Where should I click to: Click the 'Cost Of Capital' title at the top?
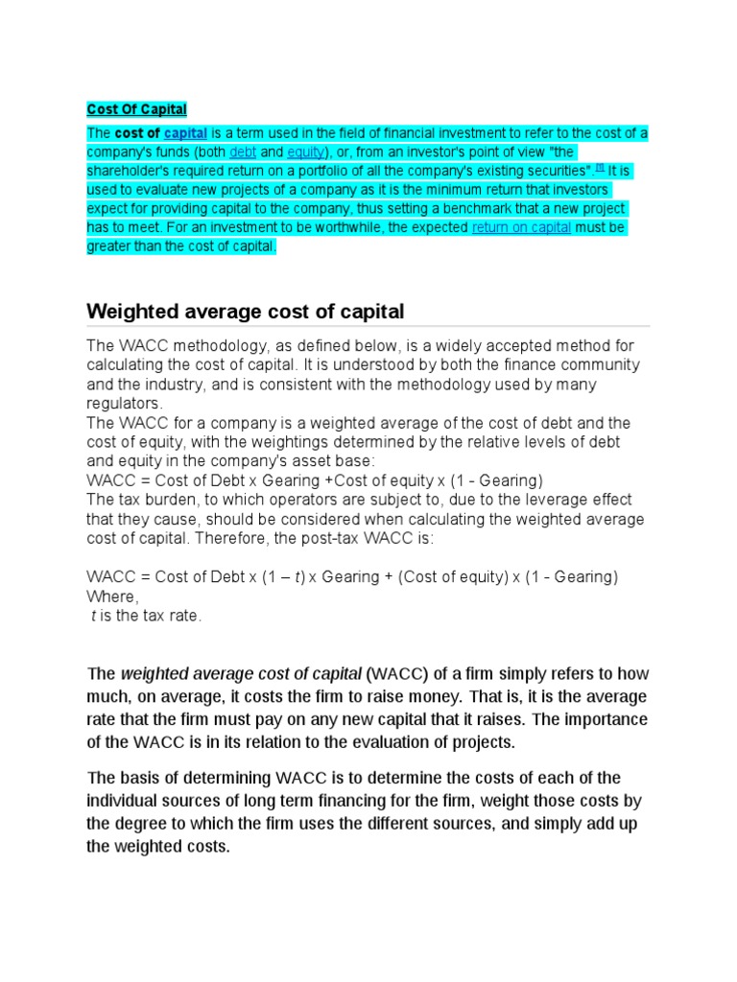coord(136,110)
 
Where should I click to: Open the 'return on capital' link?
coord(521,227)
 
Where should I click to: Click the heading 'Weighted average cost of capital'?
coord(246,312)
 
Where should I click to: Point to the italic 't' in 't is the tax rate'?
coord(93,616)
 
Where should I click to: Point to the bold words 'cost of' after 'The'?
coord(137,132)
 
